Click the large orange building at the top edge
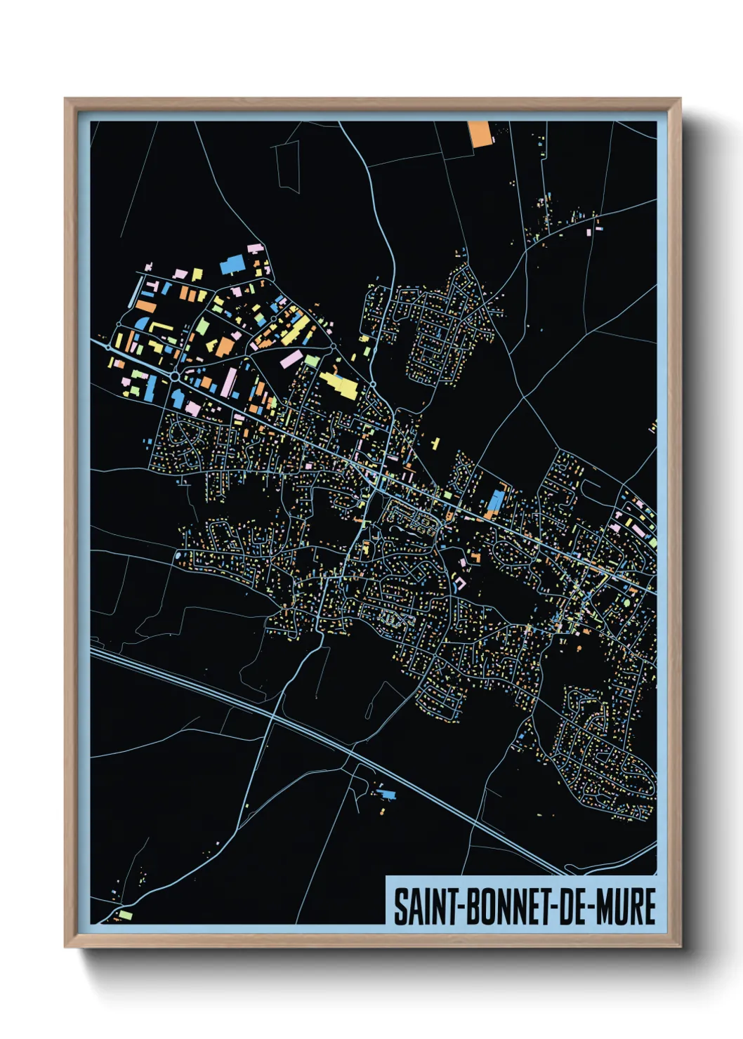coord(480,133)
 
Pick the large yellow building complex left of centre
coord(340,384)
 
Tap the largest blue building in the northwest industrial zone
coord(231,265)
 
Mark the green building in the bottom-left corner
coord(125,914)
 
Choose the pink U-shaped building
coord(460,583)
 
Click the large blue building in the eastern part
coord(496,501)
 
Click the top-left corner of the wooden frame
coord(66,100)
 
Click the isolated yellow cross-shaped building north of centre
coord(435,443)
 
